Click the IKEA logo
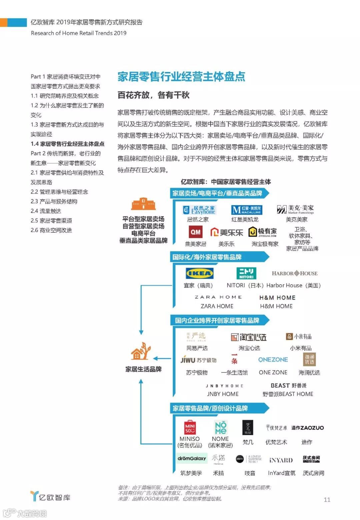pos(199,273)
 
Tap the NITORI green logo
pos(246,273)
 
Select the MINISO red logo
pos(190,427)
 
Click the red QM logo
pos(195,232)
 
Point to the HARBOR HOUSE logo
pos(295,273)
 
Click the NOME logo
pos(220,427)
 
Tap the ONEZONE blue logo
pos(273,360)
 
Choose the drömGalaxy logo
pos(192,458)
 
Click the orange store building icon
pos(143,204)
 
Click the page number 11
pos(327,499)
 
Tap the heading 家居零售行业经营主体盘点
pos(181,76)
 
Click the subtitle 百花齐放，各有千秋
pos(153,95)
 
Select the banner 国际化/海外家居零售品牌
pos(207,257)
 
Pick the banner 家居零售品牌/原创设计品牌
pos(210,408)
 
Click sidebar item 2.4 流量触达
pos(46,211)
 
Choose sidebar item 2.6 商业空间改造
pos(51,230)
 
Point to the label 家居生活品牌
pos(143,369)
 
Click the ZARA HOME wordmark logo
pos(218,297)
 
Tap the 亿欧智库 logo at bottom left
pos(50,497)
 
